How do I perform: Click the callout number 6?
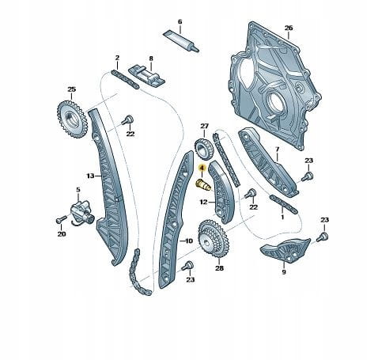180,21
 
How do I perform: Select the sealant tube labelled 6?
181,41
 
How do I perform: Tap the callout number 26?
289,28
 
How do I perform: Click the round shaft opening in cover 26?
275,103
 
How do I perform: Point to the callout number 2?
117,58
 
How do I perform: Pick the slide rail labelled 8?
146,76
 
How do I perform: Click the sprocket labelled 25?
72,119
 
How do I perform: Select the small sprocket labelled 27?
203,150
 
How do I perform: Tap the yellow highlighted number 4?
202,168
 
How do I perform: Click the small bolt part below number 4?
203,184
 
